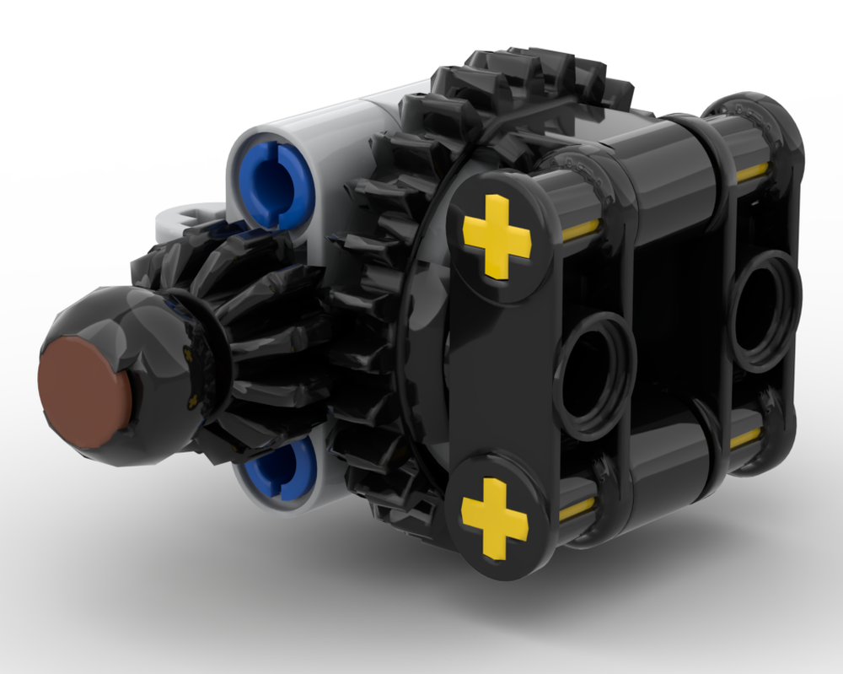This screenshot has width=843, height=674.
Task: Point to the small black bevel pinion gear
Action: (253, 337)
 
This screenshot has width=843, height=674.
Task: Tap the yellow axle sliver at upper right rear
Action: (750, 172)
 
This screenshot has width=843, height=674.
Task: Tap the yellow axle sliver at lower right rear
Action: (745, 439)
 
